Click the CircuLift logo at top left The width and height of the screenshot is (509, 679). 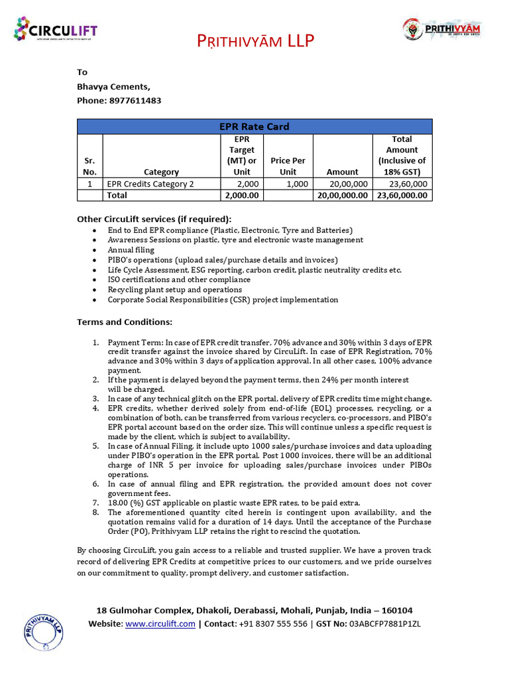[x=56, y=30]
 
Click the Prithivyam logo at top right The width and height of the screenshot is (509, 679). [x=442, y=29]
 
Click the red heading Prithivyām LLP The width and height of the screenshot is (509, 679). [x=255, y=42]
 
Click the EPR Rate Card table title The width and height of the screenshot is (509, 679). [x=254, y=126]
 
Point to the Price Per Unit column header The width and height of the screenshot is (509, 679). [x=288, y=166]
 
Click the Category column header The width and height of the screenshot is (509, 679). [x=161, y=172]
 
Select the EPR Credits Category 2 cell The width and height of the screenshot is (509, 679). [x=150, y=184]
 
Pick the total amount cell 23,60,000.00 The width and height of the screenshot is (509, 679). [x=403, y=196]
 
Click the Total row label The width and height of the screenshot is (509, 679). [x=117, y=196]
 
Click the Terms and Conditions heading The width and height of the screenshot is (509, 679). [x=125, y=322]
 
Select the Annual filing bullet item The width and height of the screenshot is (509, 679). [x=131, y=250]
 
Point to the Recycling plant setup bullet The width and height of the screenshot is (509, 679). [x=175, y=290]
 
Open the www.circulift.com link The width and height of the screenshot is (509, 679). [x=160, y=624]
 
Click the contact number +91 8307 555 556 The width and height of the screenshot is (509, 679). [x=272, y=624]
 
